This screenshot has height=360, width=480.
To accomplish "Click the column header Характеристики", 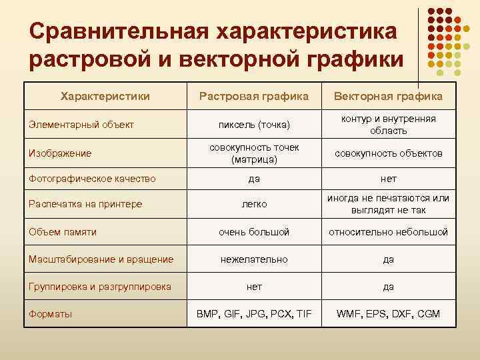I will pyautogui.click(x=105, y=97).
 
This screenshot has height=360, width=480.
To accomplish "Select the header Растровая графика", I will pyautogui.click(x=254, y=97).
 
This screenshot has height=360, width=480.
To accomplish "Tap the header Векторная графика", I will pyautogui.click(x=388, y=97).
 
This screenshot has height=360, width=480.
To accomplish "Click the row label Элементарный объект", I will pyautogui.click(x=82, y=125).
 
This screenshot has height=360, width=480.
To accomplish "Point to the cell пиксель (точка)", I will pyautogui.click(x=254, y=125).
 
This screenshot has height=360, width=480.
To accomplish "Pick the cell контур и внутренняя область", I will pyautogui.click(x=388, y=125).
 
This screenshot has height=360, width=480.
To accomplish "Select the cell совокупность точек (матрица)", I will pyautogui.click(x=254, y=153).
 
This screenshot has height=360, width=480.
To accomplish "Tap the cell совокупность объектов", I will pyautogui.click(x=388, y=153).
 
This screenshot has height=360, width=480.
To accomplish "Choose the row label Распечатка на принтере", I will pyautogui.click(x=85, y=204).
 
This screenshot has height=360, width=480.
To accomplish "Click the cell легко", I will pyautogui.click(x=254, y=204).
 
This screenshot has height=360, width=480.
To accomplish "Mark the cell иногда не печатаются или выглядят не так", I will pyautogui.click(x=388, y=204).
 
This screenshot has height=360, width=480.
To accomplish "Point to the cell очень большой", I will pyautogui.click(x=254, y=232).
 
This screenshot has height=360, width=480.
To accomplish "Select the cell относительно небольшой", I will pyautogui.click(x=388, y=232).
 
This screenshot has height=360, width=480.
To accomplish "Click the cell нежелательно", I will pyautogui.click(x=254, y=259).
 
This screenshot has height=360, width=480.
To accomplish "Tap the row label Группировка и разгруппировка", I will pyautogui.click(x=100, y=287).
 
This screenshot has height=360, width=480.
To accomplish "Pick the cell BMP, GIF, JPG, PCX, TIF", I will pyautogui.click(x=254, y=313).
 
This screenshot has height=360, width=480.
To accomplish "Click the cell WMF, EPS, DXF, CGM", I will pyautogui.click(x=388, y=313).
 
